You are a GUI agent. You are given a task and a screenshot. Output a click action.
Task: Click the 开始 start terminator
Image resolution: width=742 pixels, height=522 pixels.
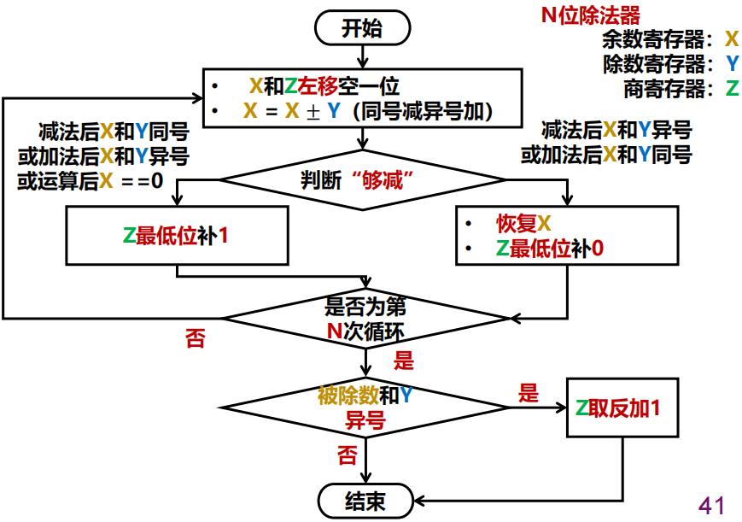click(x=362, y=28)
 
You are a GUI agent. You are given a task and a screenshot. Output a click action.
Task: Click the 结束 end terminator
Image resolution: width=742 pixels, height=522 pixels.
click(x=365, y=500)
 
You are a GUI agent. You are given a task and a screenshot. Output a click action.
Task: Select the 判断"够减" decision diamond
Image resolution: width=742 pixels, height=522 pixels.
click(x=364, y=180)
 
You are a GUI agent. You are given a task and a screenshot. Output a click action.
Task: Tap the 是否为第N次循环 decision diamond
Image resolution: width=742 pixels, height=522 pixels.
click(x=365, y=319)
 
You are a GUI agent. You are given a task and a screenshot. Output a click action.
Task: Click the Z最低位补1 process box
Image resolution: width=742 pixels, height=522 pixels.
click(x=176, y=236)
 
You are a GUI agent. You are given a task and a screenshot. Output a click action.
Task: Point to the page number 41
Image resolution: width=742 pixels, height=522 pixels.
click(x=711, y=504)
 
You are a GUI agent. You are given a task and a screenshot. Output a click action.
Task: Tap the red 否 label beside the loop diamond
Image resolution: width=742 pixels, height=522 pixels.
click(x=195, y=339)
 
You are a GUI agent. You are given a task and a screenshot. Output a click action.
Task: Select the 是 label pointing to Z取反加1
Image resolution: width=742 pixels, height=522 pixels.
click(x=529, y=393)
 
